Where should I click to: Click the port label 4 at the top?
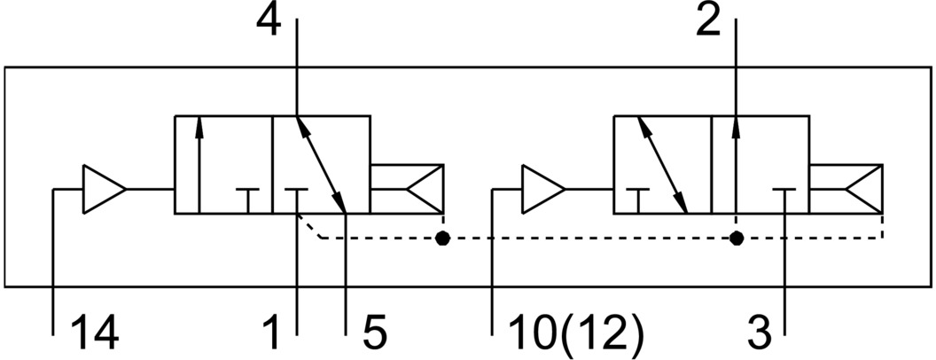click(269, 20)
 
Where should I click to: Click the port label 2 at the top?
click(708, 20)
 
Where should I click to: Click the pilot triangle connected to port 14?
click(103, 189)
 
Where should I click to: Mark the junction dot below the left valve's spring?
click(442, 238)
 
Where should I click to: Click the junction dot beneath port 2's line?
click(736, 238)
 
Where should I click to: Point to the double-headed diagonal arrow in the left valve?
click(320, 164)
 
